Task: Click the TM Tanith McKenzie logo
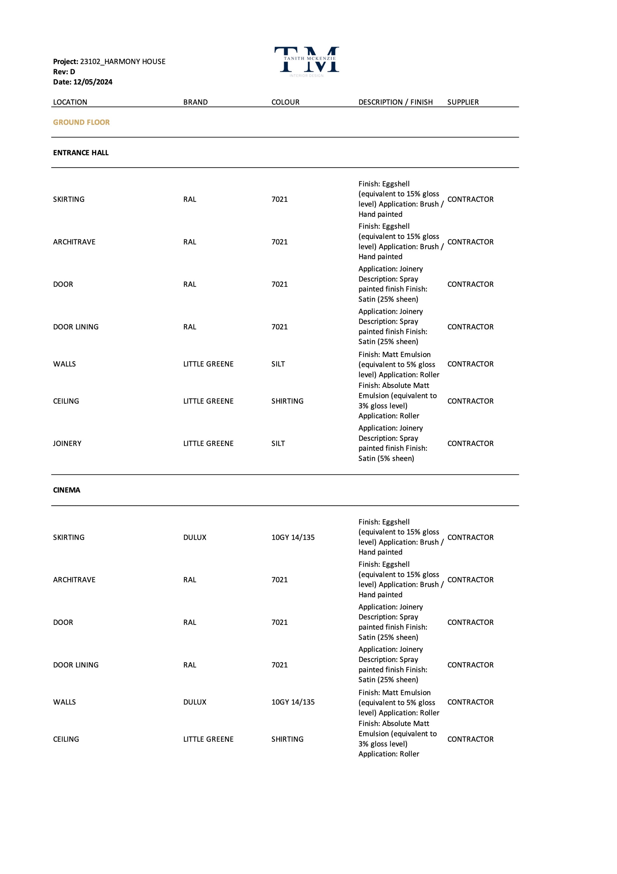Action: (307, 61)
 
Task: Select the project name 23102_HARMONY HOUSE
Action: (122, 62)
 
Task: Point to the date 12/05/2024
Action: (93, 82)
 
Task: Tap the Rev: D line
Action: (64, 72)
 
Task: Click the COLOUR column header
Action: (285, 102)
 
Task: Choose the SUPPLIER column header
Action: (463, 102)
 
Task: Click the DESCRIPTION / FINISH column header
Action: (395, 102)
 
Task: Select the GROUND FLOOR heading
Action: (81, 122)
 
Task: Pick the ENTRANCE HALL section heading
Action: (81, 153)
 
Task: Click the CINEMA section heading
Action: (67, 490)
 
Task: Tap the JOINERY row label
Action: (67, 443)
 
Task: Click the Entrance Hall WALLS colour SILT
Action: (278, 364)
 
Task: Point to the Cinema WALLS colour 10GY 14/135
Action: (293, 702)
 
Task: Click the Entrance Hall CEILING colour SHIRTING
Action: (287, 401)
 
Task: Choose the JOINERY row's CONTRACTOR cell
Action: (470, 443)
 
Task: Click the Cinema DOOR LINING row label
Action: (76, 665)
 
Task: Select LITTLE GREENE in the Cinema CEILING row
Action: (208, 739)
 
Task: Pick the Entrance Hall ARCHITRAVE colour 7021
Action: (279, 242)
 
